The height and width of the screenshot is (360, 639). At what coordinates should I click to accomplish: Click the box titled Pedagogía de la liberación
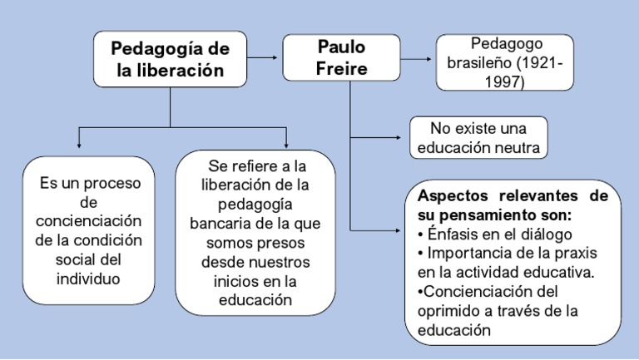pyautogui.click(x=171, y=58)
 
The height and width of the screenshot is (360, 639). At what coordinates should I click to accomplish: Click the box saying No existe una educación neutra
pyautogui.click(x=479, y=138)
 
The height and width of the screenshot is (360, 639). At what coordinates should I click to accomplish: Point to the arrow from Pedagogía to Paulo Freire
pyautogui.click(x=265, y=57)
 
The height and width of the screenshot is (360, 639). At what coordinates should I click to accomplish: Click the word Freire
pyautogui.click(x=341, y=68)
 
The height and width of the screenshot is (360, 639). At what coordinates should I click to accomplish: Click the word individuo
pyautogui.click(x=88, y=278)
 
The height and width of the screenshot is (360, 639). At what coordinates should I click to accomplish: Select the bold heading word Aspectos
pyautogui.click(x=457, y=196)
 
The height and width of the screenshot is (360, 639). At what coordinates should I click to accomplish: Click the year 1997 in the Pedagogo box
pyautogui.click(x=508, y=82)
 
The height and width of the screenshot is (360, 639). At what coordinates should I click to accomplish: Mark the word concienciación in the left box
pyautogui.click(x=90, y=220)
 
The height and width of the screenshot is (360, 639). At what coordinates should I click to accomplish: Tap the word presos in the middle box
pyautogui.click(x=283, y=243)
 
